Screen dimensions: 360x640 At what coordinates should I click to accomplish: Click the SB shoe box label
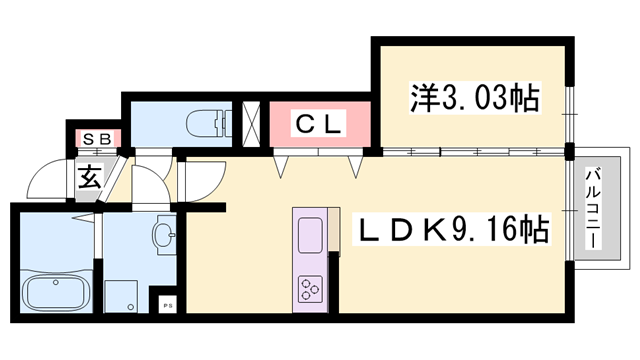tap(96, 137)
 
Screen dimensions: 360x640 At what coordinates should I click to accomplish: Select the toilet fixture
tap(207, 124)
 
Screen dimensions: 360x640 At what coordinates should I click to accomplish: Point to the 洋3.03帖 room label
tap(474, 98)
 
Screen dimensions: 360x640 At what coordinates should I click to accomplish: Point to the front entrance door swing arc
tap(45, 180)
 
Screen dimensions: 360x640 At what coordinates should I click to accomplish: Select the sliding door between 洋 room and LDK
tap(470, 152)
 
